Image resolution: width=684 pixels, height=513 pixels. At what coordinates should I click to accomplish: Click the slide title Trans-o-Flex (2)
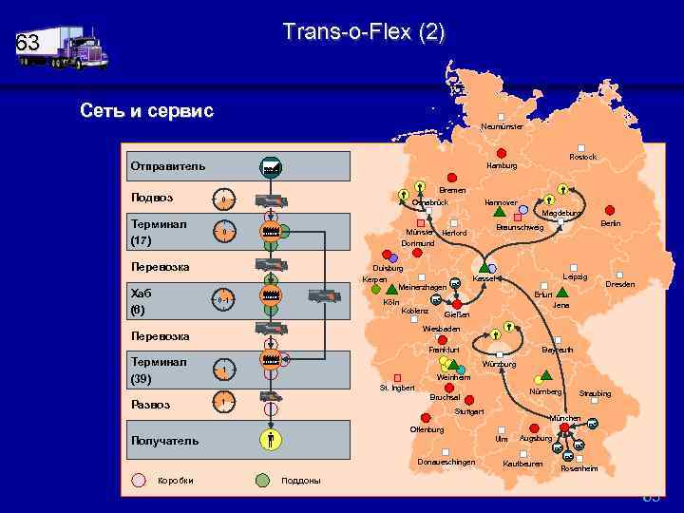coord(363,33)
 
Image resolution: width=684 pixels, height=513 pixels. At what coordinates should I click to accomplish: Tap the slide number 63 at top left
coord(28,43)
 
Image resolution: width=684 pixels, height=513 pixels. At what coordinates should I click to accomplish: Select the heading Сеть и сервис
coord(146,111)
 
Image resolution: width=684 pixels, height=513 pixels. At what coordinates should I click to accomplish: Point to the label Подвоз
coord(152,199)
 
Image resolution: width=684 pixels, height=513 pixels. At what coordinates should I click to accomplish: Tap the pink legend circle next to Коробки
coord(138,480)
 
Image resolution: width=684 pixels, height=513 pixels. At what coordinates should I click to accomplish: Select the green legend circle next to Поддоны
coord(262,480)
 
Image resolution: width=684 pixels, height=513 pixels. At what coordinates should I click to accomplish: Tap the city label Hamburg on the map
coord(501,165)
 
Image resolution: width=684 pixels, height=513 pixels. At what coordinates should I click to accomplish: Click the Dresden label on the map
coord(620,284)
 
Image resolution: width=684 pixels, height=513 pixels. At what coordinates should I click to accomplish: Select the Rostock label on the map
coord(582,157)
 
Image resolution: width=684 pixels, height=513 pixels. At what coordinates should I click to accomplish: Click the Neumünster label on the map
coord(501,126)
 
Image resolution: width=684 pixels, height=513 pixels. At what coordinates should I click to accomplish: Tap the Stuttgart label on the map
coord(469,411)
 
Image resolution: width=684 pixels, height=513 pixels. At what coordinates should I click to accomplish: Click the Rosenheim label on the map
coord(579,468)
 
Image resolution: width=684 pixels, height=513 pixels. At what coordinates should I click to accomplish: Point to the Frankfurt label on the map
coord(444,350)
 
